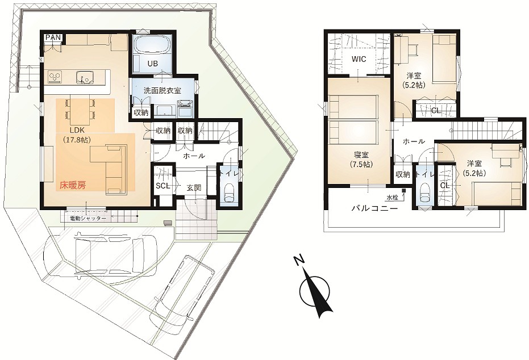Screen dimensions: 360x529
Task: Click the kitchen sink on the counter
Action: pos(85,76)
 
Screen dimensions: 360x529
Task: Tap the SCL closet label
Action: pos(162,186)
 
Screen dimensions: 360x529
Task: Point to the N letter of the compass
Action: pos(298,261)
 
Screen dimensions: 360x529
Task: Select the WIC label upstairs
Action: pos(359,59)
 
